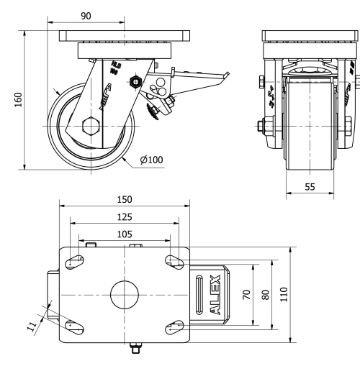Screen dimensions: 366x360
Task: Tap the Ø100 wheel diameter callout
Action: pyautogui.click(x=153, y=160)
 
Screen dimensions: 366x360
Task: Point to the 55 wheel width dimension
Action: pyautogui.click(x=310, y=186)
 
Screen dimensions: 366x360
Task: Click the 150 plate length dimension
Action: pyautogui.click(x=124, y=199)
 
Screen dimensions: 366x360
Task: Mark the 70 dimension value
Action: pyautogui.click(x=247, y=295)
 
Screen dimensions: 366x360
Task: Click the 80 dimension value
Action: pyautogui.click(x=267, y=295)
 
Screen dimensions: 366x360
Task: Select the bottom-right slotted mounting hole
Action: pyautogui.click(x=174, y=327)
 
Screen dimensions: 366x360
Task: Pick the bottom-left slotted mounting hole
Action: pyautogui.click(x=72, y=327)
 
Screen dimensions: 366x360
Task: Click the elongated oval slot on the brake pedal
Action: pyautogui.click(x=199, y=296)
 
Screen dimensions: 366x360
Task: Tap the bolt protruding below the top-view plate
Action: pyautogui.click(x=134, y=351)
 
